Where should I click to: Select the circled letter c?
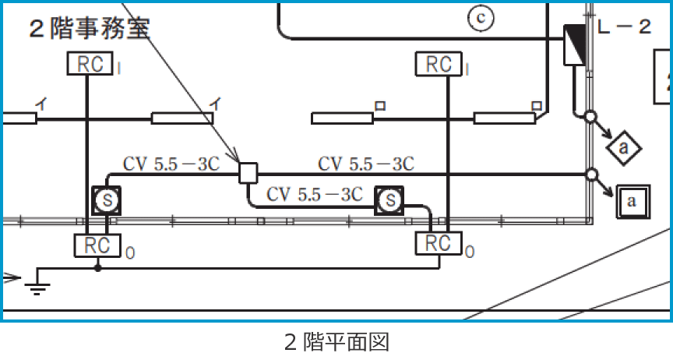(481, 18)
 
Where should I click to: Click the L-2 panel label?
(624, 28)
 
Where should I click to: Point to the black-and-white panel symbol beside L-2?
(574, 44)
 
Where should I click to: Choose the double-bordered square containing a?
(632, 201)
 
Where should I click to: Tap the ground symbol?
(35, 288)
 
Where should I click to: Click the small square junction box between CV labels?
(248, 172)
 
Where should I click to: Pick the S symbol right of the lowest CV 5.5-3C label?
(389, 202)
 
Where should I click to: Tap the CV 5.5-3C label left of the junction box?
(171, 164)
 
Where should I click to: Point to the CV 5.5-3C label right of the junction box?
(365, 164)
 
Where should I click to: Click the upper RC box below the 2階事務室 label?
(91, 64)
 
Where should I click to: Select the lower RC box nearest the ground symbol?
(97, 245)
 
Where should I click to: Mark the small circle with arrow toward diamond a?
(590, 118)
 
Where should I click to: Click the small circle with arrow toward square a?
(591, 174)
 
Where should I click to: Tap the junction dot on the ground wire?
(97, 269)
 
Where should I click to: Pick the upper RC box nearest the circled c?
(440, 64)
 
